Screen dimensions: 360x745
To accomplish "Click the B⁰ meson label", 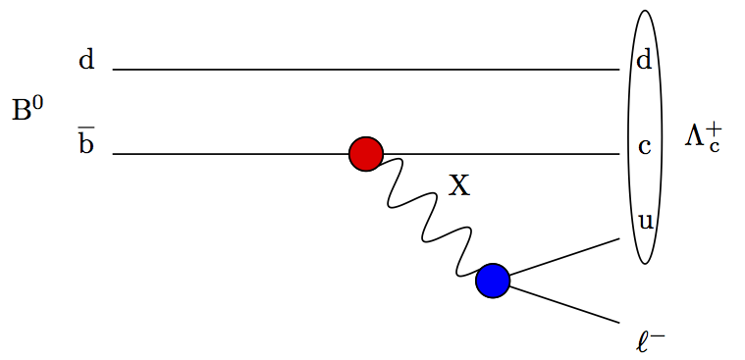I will point(27,109).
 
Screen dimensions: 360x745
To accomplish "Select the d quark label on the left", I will point(86,61).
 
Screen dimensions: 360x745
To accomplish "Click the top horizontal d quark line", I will point(363,70).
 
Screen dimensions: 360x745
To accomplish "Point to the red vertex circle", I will point(366,154).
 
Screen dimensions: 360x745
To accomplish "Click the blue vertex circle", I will point(493,281).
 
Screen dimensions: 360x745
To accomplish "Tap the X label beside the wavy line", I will point(459,184).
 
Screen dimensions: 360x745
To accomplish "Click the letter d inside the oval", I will point(644,61).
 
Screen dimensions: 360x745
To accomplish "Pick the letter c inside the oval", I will point(644,147).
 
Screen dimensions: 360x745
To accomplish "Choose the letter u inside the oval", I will point(645,221).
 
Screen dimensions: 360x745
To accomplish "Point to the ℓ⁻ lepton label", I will point(651,341).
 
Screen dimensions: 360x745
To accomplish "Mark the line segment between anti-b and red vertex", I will point(231,154).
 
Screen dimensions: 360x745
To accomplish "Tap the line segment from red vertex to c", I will point(501,154).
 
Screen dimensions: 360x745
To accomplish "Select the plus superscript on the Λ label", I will point(715,129).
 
